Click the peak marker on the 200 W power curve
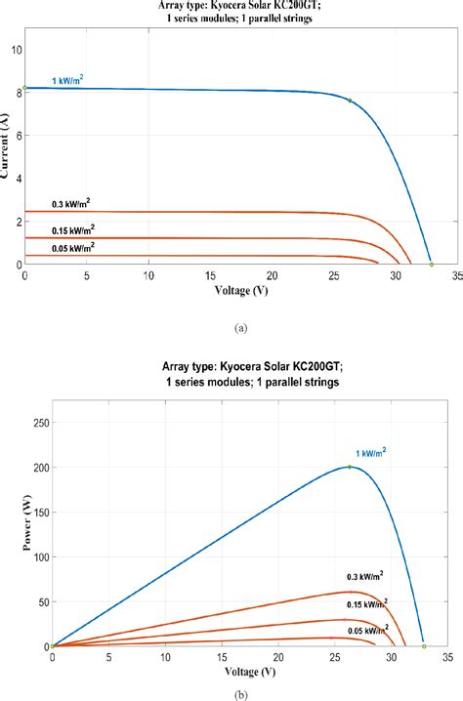pyautogui.click(x=350, y=467)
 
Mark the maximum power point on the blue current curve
pyautogui.click(x=350, y=100)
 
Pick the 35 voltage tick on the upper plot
pyautogui.click(x=456, y=276)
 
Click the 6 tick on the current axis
pyautogui.click(x=14, y=134)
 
